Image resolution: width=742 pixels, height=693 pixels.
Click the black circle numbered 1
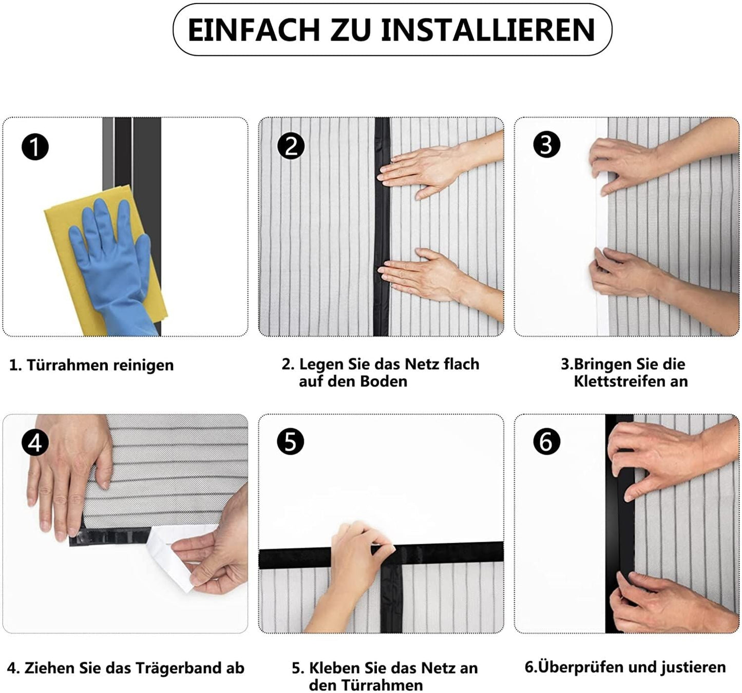(35, 147)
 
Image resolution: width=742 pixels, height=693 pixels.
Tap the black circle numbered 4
(35, 442)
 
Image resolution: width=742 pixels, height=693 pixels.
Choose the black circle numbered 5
(291, 441)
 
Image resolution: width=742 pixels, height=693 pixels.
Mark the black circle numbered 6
(546, 441)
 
